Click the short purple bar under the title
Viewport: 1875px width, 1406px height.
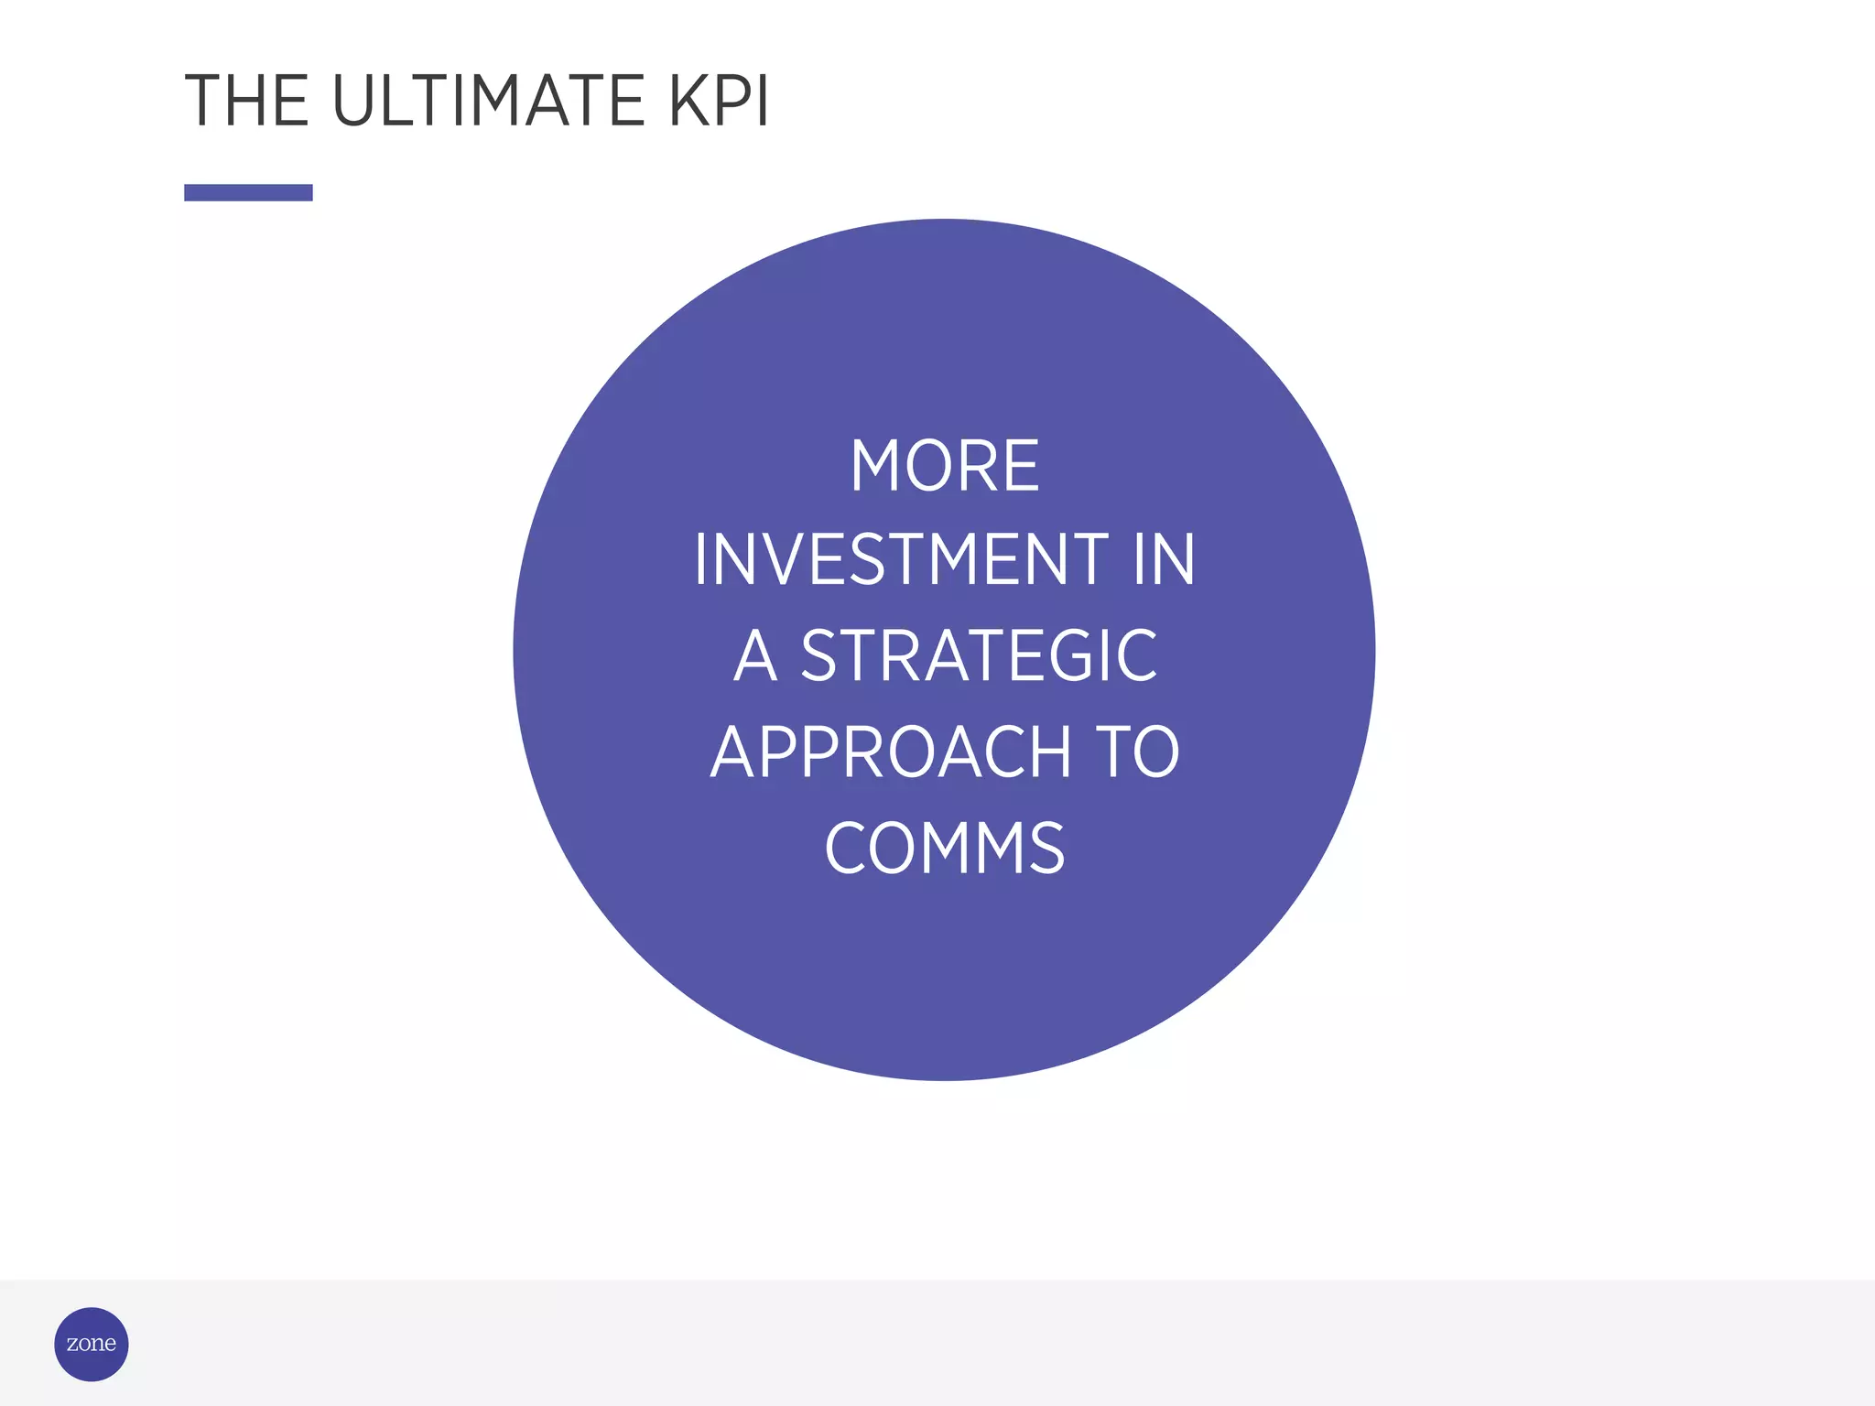[x=248, y=192]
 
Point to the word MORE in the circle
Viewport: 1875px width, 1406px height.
[x=944, y=466]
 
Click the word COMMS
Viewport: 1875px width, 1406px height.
[x=944, y=848]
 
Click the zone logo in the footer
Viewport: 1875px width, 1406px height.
[x=92, y=1344]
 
